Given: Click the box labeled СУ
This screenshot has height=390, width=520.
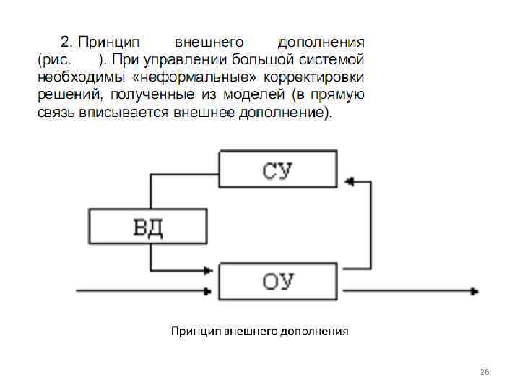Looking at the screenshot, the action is point(278,169).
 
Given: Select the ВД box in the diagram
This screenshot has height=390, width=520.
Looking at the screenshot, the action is point(147,227).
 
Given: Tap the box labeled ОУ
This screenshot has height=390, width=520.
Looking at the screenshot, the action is point(278,282).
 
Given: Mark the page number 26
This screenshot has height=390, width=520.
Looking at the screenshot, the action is point(485,371).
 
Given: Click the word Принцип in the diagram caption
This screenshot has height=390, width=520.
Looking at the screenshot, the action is point(195,331).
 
